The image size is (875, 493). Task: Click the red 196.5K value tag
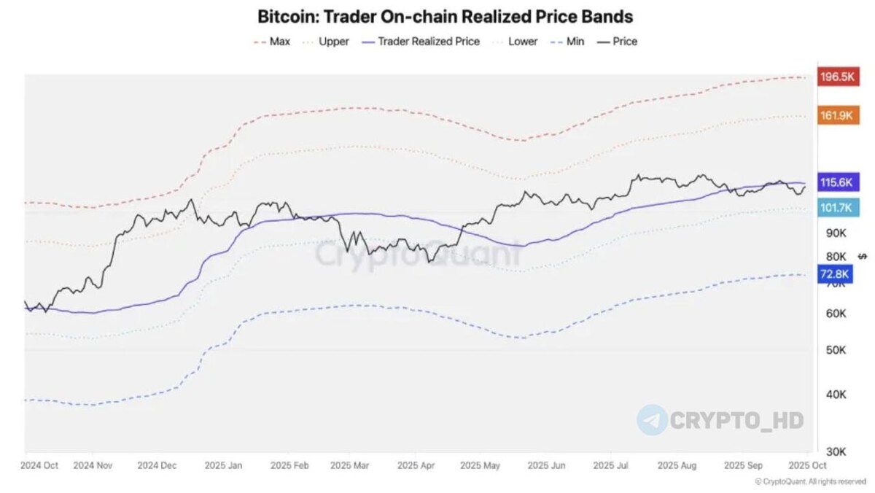click(836, 77)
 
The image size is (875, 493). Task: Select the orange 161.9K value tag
click(836, 115)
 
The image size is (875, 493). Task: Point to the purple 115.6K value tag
click(836, 182)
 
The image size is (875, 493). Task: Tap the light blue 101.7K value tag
click(836, 207)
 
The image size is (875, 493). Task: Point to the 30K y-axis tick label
click(836, 451)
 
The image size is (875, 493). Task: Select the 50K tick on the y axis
click(836, 349)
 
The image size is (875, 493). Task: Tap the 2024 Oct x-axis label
click(41, 465)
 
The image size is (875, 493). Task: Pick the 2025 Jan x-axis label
click(225, 465)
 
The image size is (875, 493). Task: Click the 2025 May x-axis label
click(481, 465)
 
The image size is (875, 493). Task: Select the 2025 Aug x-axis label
click(677, 465)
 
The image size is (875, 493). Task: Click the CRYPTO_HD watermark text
click(736, 420)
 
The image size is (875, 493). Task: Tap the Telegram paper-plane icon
click(652, 420)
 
